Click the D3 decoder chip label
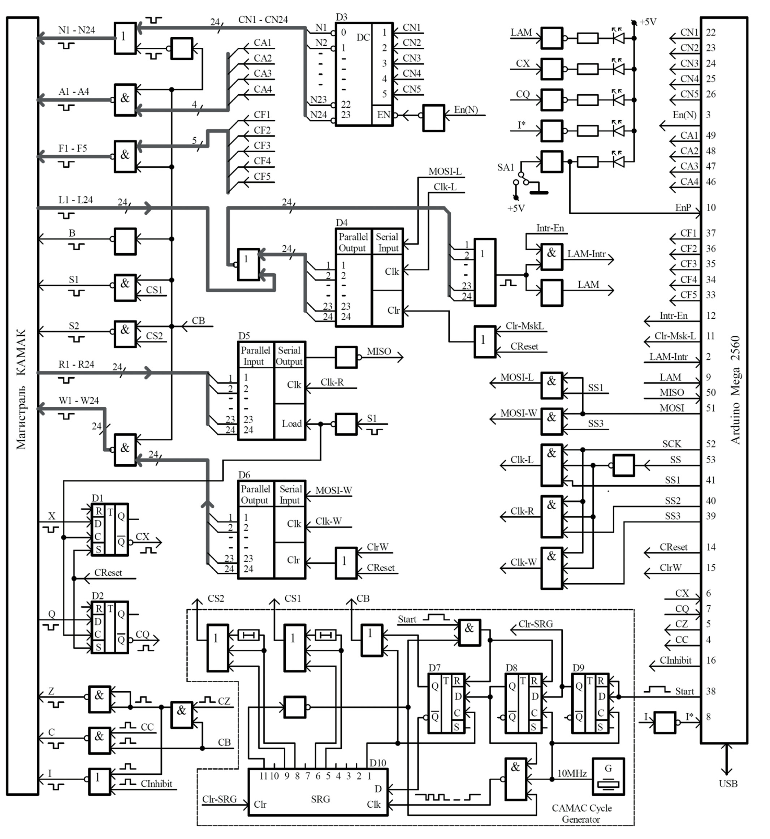[341, 17]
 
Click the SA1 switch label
[505, 167]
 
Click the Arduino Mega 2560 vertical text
[735, 390]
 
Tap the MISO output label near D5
[378, 351]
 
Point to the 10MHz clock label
[572, 773]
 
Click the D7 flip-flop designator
[434, 668]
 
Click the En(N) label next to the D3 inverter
[466, 109]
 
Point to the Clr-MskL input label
[524, 326]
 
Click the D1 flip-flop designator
[97, 498]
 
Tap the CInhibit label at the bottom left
[156, 784]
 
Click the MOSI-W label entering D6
[333, 490]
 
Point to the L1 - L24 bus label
[75, 200]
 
